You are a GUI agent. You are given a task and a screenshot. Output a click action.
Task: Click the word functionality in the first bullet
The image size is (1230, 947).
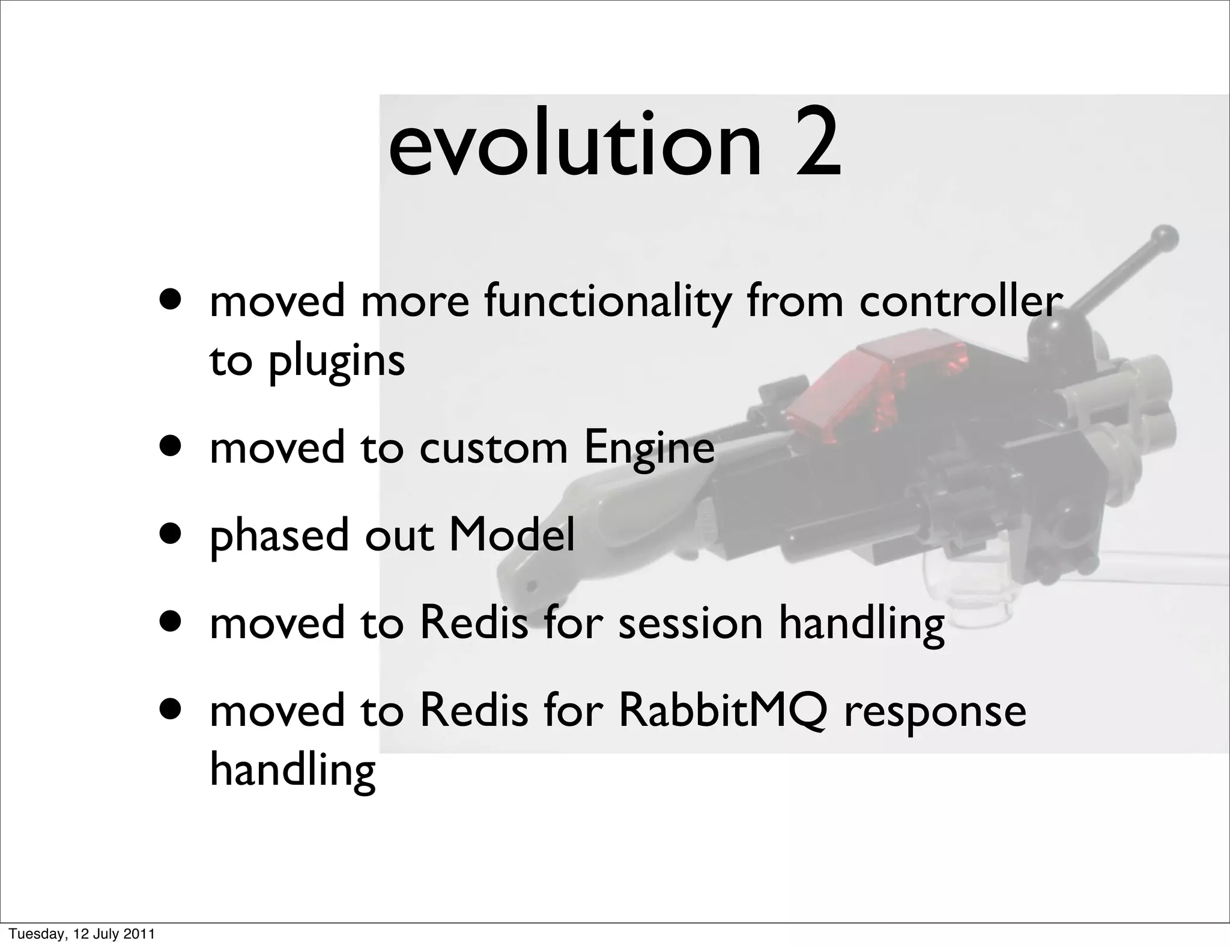(x=607, y=302)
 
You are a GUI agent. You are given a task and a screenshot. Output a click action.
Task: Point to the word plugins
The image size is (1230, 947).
(x=336, y=362)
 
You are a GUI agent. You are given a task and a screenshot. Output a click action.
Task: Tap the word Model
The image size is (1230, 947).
(x=512, y=535)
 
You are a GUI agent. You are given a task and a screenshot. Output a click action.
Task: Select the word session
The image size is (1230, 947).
(x=691, y=623)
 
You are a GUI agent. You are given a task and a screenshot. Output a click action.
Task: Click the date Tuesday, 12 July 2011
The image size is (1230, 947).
(x=82, y=934)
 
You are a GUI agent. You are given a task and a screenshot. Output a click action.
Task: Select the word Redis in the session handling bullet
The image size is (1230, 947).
(x=473, y=623)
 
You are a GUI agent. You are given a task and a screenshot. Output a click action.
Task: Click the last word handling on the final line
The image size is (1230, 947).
(x=292, y=770)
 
